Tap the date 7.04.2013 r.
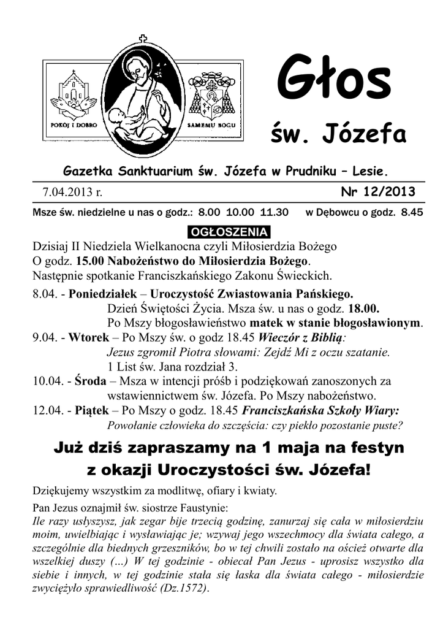72,193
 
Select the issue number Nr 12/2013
377,192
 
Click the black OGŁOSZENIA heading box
222,232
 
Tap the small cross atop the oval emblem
144,38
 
